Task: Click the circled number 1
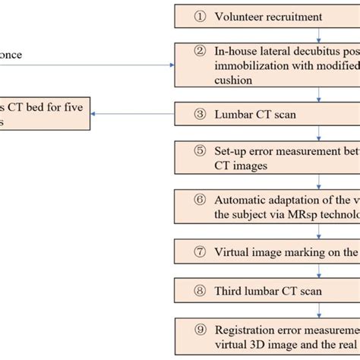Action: tap(201, 17)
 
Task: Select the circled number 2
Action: tap(201, 52)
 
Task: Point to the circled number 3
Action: tap(201, 114)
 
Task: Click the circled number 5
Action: tap(201, 150)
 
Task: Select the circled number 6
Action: tap(201, 200)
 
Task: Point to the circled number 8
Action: tap(201, 291)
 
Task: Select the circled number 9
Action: tap(201, 330)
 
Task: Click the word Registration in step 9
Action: tap(246, 330)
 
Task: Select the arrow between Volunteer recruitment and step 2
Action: tap(318, 33)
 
